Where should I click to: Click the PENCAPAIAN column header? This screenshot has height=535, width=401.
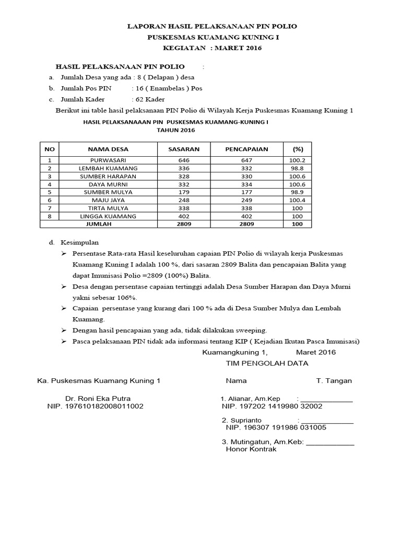[x=246, y=149]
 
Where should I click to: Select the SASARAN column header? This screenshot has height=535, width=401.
[x=184, y=149]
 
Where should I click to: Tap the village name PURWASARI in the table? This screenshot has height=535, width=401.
[x=108, y=160]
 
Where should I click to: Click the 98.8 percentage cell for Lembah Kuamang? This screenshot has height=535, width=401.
[x=297, y=168]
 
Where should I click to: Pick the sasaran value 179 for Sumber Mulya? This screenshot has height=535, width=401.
[x=184, y=192]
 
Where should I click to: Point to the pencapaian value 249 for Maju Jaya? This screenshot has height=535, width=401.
[x=246, y=200]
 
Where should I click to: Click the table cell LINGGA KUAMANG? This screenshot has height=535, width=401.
[x=108, y=216]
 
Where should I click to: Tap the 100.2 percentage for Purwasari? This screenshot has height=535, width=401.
[x=297, y=160]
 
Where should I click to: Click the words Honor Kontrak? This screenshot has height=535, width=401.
[x=251, y=449]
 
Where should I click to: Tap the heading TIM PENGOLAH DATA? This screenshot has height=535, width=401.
[x=267, y=363]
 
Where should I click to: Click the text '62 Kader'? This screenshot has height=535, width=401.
[x=150, y=99]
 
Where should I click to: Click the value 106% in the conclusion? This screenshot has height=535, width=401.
[x=126, y=297]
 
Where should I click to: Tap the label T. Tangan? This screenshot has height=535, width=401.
[x=334, y=381]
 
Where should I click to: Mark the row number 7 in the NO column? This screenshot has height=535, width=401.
[x=50, y=208]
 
